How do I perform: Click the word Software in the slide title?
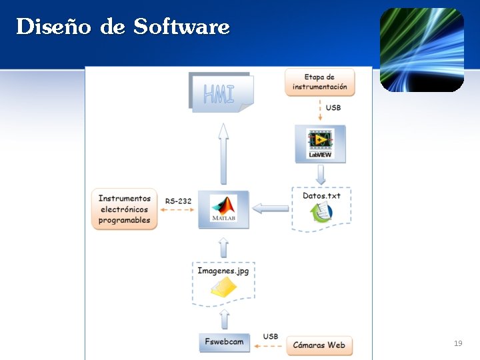[x=181, y=27]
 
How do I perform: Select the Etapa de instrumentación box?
[x=320, y=82]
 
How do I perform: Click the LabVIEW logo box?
[x=320, y=143]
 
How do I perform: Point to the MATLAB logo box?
[x=223, y=209]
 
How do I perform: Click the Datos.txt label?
[x=321, y=196]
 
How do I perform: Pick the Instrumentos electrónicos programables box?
[x=125, y=209]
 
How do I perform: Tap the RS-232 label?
[x=178, y=201]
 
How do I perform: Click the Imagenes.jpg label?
[x=223, y=271]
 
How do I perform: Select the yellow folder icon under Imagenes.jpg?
[x=223, y=287]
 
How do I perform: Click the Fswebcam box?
[x=224, y=343]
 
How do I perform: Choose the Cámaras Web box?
[x=319, y=345]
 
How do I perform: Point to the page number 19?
[x=457, y=343]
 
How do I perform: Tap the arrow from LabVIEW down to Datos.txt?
[x=321, y=175]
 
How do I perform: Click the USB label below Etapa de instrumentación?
[x=333, y=108]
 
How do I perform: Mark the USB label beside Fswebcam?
[x=270, y=337]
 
